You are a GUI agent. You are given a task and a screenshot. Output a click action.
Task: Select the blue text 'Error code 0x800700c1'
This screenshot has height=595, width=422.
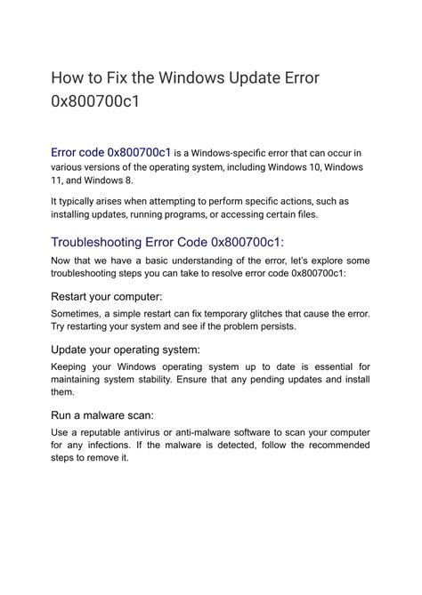tap(111, 151)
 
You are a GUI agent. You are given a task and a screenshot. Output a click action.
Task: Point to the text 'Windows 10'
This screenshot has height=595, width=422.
tap(308, 166)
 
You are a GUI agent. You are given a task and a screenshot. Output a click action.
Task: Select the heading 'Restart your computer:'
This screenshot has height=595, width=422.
tap(107, 295)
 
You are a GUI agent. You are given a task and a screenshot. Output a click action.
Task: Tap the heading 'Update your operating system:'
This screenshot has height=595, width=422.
tap(126, 349)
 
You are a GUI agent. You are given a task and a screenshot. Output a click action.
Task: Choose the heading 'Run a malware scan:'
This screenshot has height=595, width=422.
tap(102, 414)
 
